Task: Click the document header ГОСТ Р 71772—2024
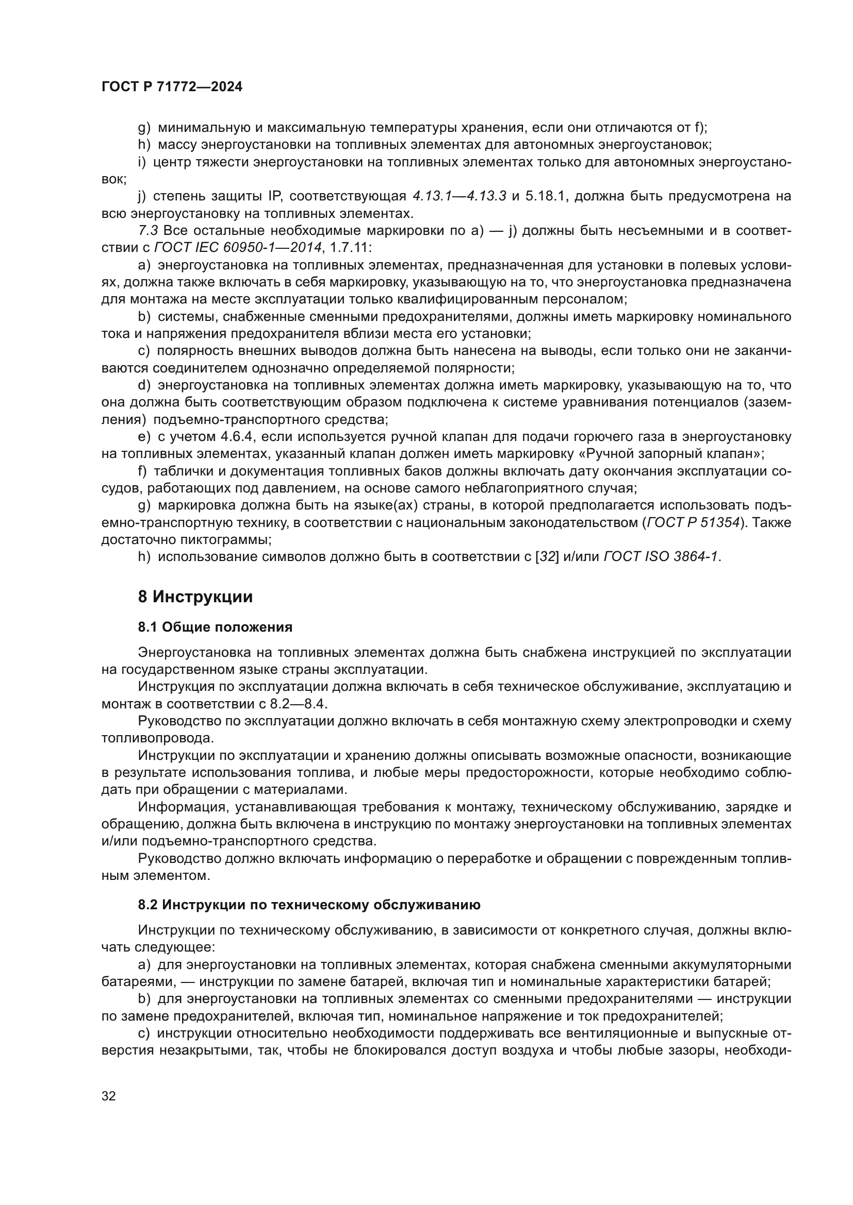[x=172, y=87]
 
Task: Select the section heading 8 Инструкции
[x=195, y=597]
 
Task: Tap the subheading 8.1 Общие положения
[x=216, y=627]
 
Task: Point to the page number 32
[x=109, y=1096]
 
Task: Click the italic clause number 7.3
[x=148, y=230]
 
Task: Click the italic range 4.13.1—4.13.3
[x=459, y=196]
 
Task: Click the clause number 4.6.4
[x=239, y=437]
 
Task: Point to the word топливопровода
[x=158, y=738]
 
